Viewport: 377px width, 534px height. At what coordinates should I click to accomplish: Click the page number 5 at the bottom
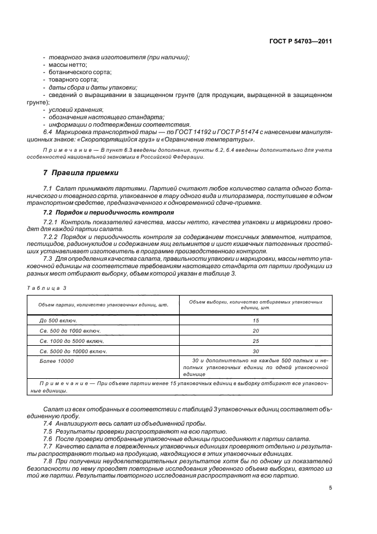330,488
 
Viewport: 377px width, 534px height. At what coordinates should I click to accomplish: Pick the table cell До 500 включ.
58,321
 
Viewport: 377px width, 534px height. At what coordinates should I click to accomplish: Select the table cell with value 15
256,321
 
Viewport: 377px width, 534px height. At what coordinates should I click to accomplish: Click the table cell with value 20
256,331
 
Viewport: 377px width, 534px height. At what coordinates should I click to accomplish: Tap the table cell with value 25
256,341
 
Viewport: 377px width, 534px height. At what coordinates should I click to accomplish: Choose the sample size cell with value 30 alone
256,351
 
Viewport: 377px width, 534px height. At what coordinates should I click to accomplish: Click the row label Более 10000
56,362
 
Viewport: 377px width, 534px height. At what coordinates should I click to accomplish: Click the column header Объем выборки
256,304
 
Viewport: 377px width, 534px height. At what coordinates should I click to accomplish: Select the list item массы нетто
68,64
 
